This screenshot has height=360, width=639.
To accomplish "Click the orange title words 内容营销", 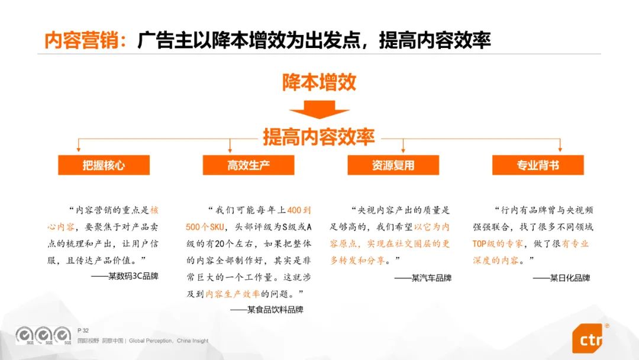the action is tap(82, 40).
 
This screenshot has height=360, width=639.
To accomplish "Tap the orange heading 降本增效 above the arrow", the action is tap(319, 82).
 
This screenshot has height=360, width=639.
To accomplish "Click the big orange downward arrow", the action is tap(319, 110).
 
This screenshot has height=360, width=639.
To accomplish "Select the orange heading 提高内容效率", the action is tap(319, 137).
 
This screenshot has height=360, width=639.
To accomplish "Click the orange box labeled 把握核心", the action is tap(104, 165).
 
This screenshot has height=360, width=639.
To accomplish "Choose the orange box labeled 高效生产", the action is tap(248, 165).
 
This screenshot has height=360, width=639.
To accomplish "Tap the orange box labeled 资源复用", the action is tap(393, 165).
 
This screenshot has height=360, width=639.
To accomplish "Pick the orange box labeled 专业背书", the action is tap(538, 165).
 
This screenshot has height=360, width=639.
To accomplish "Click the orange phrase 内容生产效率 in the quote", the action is tap(233, 294).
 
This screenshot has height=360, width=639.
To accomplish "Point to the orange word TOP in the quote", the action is tap(479, 244).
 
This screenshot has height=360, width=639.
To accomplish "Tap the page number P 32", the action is tap(83, 330).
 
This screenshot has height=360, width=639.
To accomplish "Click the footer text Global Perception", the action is tap(150, 341).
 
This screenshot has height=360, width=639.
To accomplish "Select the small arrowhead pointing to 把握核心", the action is tap(79, 150).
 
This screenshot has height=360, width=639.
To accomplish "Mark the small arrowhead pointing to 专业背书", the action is tap(560, 150).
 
